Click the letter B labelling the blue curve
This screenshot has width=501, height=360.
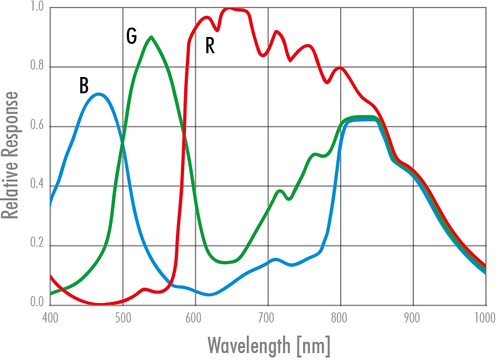coord(84,85)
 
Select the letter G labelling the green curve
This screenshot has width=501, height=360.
coord(132,37)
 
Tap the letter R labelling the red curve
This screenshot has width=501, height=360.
coord(210,46)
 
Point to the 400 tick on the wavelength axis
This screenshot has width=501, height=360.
coord(50,317)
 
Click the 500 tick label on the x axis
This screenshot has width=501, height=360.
coord(123,317)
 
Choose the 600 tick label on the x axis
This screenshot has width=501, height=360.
coord(195,317)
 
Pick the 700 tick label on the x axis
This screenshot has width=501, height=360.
coord(268,317)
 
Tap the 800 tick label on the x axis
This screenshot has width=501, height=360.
coord(341,317)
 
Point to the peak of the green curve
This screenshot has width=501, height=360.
coord(151,37)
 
